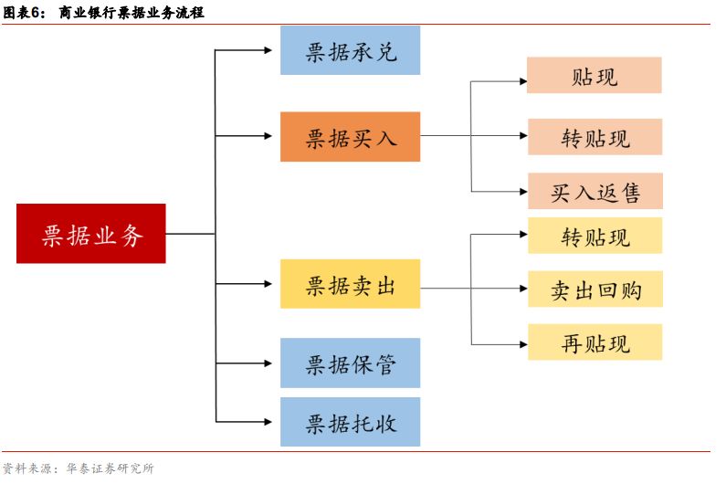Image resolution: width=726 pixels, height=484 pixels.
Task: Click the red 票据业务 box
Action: (91, 234)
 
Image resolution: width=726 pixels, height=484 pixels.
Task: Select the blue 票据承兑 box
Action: (350, 50)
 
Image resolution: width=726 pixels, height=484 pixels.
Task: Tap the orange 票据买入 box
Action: (350, 137)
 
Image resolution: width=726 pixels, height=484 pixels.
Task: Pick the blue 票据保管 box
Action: (350, 363)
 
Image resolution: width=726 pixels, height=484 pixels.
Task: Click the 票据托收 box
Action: (350, 422)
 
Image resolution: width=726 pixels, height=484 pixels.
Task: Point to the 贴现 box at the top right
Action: (594, 76)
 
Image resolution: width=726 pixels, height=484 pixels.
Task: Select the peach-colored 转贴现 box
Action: (594, 137)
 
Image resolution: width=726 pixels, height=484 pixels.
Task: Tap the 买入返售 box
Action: (594, 191)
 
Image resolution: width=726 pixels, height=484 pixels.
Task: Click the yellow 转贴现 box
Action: (594, 236)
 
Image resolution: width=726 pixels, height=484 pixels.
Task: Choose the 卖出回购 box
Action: (594, 289)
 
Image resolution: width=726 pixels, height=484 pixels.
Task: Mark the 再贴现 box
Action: (594, 342)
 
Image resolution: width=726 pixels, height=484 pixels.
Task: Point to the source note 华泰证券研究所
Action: (104, 468)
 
